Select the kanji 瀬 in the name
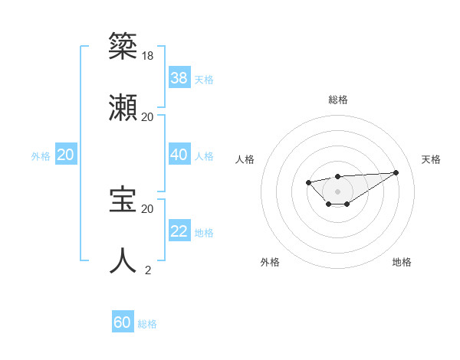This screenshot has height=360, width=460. click(123, 106)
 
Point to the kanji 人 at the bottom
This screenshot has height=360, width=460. click(123, 260)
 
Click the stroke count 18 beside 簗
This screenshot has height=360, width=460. click(148, 55)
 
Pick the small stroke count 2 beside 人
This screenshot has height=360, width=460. click(148, 270)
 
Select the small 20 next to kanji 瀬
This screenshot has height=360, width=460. click(148, 116)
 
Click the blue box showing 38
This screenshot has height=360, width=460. click(179, 78)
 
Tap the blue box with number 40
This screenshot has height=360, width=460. click(179, 155)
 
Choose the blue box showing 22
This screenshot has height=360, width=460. click(179, 232)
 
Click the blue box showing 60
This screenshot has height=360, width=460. click(123, 322)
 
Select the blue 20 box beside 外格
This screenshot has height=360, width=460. click(66, 155)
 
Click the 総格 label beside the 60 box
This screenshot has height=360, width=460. click(147, 324)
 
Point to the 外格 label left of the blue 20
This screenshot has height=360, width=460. click(41, 156)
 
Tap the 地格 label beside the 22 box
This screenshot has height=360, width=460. click(204, 233)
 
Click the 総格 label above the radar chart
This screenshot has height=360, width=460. click(337, 100)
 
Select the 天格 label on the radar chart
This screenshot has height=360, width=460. click(431, 159)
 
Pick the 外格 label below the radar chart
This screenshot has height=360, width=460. click(270, 262)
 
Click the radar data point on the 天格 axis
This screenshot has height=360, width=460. click(396, 172)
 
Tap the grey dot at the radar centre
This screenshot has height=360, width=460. click(337, 191)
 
